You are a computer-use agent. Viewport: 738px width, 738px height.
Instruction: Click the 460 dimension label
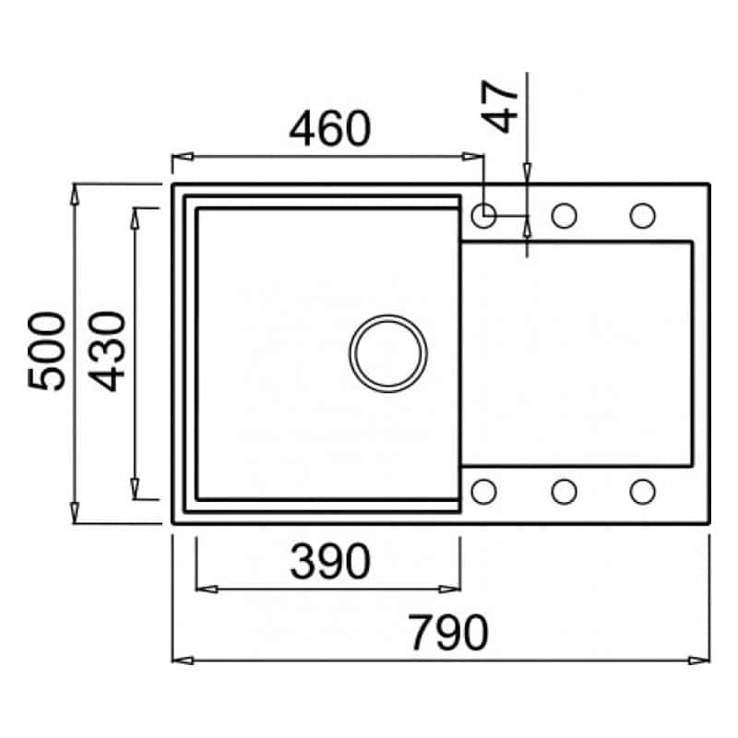330,128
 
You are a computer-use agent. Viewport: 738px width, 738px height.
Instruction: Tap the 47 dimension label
501,106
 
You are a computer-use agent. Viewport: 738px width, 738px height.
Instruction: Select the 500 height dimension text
46,351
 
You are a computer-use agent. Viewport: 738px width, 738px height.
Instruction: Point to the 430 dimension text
107,351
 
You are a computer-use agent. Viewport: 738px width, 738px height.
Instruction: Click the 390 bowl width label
330,561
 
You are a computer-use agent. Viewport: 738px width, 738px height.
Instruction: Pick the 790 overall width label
448,633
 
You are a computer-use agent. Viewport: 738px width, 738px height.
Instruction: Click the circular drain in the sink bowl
388,353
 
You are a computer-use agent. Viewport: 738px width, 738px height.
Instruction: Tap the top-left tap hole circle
483,216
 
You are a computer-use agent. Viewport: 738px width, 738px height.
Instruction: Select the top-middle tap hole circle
564,216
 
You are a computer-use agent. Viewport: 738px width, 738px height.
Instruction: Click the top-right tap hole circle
642,216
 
